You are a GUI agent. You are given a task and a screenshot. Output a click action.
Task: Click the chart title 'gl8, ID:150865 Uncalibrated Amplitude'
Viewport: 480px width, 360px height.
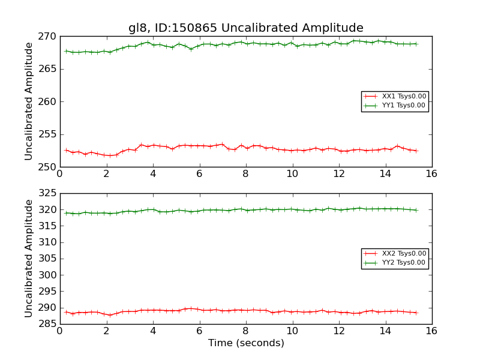click(x=245, y=28)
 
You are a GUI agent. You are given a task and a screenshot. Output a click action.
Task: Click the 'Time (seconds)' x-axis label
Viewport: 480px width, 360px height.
click(x=246, y=343)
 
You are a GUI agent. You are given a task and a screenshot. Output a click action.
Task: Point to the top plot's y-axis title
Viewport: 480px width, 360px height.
click(x=29, y=101)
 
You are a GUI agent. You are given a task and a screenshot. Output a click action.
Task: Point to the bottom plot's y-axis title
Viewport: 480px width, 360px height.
click(x=29, y=258)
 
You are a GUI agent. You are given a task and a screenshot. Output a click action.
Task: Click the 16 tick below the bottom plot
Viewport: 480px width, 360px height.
click(x=431, y=331)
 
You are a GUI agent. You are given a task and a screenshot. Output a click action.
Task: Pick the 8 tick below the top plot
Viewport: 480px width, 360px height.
click(x=246, y=174)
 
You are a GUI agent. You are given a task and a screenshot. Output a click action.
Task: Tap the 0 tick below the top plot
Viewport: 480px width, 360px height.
click(x=60, y=174)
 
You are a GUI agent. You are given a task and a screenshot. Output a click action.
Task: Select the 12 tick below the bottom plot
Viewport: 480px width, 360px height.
click(x=339, y=331)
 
